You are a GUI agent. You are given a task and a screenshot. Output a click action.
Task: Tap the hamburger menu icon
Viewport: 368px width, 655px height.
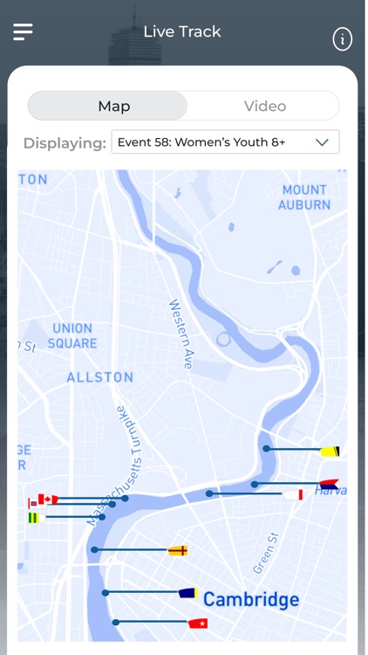click(x=23, y=31)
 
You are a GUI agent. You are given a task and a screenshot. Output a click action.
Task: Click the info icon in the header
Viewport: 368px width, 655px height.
click(x=343, y=38)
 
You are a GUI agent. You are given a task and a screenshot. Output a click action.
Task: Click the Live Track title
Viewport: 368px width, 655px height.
click(x=182, y=31)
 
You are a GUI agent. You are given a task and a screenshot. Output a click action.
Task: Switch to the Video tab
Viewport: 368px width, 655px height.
click(x=264, y=106)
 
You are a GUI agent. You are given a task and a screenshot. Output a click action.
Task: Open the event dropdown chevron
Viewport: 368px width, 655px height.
click(x=322, y=141)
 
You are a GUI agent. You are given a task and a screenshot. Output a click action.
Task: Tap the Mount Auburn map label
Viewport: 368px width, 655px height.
click(x=304, y=197)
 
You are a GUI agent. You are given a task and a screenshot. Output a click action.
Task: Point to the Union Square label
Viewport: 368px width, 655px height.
click(x=72, y=335)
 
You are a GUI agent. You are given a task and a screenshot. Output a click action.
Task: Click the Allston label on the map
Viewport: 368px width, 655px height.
click(x=100, y=377)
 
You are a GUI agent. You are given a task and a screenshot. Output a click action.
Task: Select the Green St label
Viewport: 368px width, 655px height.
click(x=265, y=554)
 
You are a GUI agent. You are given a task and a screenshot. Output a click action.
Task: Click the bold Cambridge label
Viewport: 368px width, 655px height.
click(x=251, y=599)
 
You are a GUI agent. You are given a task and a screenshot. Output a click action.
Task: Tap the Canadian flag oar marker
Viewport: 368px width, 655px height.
click(x=48, y=500)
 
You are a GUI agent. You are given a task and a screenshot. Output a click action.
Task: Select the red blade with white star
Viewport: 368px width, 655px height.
click(x=198, y=624)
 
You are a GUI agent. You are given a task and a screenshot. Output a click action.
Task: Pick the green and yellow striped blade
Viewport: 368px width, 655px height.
click(x=35, y=518)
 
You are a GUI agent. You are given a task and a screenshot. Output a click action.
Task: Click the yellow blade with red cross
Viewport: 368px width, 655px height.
click(x=178, y=550)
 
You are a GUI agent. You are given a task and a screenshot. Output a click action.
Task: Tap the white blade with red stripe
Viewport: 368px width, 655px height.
click(x=293, y=494)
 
